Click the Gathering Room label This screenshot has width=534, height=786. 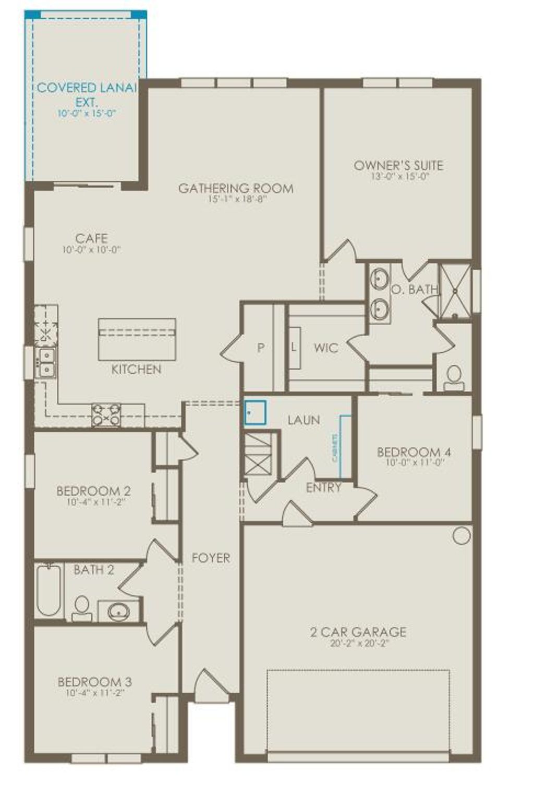[x=236, y=188]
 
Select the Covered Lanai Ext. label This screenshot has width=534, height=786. [x=87, y=94]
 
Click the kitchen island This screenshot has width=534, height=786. [x=137, y=339]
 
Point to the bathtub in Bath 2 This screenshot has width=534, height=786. [x=49, y=590]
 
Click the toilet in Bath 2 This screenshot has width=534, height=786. [x=81, y=608]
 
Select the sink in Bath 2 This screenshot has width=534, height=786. [x=119, y=611]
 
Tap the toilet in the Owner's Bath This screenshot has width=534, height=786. [x=454, y=378]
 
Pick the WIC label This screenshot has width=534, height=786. [x=326, y=348]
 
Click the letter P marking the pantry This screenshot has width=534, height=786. [x=261, y=348]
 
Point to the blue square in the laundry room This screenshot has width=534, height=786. [x=255, y=412]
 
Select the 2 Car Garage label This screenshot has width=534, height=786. [x=358, y=632]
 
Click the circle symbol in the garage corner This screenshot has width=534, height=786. [x=461, y=535]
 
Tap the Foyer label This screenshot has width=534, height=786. [x=211, y=558]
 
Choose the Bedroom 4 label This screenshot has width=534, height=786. [x=414, y=452]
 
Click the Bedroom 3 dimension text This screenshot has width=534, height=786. [x=94, y=693]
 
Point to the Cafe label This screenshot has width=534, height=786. [x=92, y=239]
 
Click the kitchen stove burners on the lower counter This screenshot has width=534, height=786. [x=106, y=415]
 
